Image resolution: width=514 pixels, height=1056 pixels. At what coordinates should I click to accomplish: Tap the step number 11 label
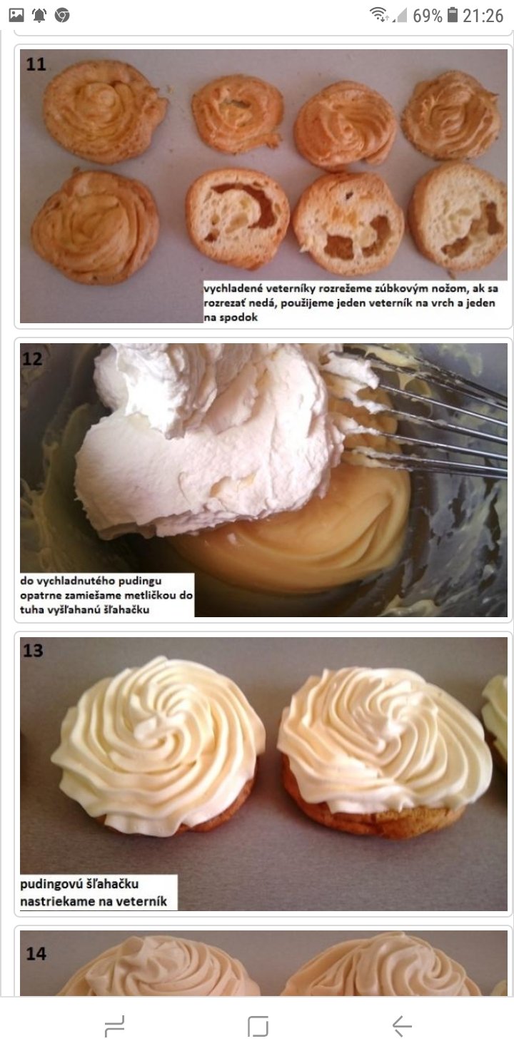(36, 64)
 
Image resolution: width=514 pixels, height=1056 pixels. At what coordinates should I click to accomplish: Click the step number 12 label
(32, 359)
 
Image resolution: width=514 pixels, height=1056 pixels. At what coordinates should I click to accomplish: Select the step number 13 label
(33, 651)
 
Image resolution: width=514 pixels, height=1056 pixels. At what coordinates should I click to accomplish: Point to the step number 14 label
(36, 954)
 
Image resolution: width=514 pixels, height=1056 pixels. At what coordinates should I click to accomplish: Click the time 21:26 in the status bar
(483, 16)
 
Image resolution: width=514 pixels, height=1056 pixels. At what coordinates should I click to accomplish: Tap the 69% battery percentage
(427, 16)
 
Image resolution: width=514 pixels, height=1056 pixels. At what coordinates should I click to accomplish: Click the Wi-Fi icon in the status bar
(378, 14)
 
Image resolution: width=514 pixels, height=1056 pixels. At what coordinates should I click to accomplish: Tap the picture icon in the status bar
(16, 15)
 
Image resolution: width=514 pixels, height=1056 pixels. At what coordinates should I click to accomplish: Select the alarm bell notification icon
(39, 15)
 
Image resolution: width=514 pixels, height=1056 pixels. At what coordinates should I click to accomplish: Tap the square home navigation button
(258, 1026)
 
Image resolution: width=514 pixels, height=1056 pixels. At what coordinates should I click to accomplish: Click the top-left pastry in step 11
(105, 111)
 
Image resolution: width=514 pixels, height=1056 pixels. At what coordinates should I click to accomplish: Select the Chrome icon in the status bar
(62, 16)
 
